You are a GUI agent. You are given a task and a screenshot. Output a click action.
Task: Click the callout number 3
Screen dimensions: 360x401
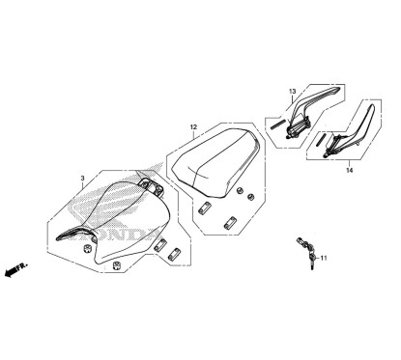point(83,178)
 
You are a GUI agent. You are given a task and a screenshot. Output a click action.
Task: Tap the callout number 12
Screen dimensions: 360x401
point(193,127)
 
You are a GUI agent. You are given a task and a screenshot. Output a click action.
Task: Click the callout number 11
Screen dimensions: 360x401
point(324,258)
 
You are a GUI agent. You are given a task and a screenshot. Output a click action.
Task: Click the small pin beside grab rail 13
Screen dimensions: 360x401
point(279,121)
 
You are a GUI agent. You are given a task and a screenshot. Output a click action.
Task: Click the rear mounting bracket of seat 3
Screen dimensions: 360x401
point(151,183)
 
